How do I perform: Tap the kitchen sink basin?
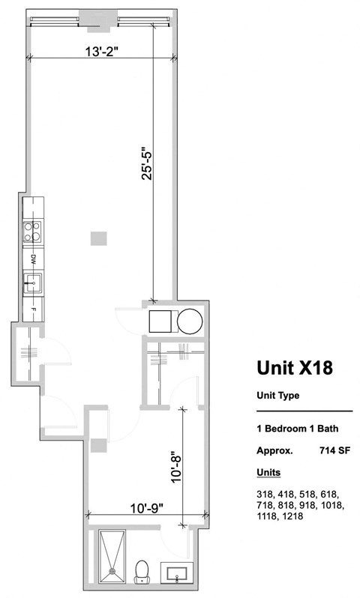click(33, 284)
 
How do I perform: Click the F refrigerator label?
click(34, 308)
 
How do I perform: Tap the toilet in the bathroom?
click(141, 573)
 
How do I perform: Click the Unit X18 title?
click(294, 368)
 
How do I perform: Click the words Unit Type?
click(279, 396)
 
